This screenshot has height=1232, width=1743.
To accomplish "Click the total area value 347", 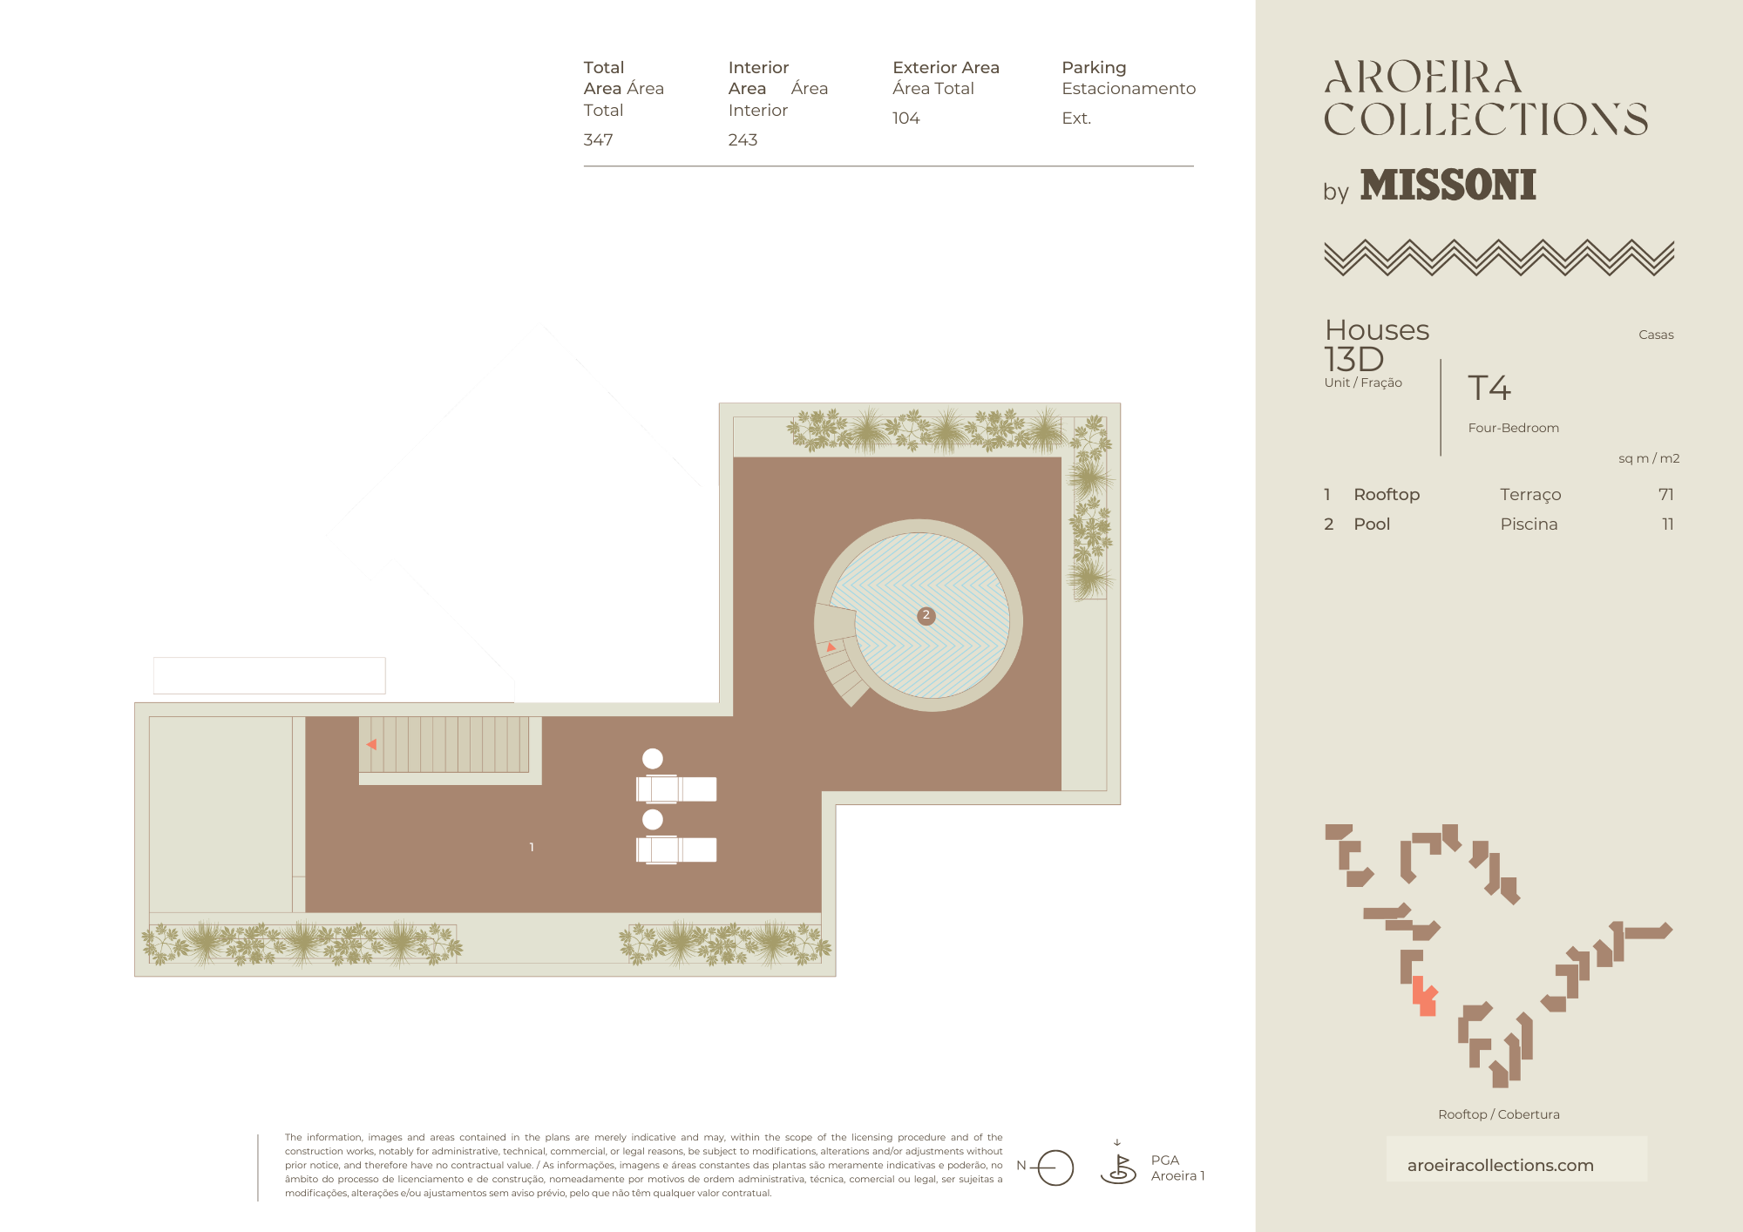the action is [x=598, y=139].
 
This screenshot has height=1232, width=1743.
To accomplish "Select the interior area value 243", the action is [x=743, y=139].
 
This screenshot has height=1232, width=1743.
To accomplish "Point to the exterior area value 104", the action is [x=905, y=118].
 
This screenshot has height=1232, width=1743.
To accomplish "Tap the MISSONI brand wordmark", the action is [x=1448, y=185].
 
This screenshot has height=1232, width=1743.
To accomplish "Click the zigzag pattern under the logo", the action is [x=1499, y=258].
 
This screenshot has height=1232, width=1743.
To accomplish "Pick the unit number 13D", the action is [x=1353, y=359].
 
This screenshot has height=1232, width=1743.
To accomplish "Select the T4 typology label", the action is [x=1489, y=388].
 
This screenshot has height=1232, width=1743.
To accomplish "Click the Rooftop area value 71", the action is [x=1665, y=494].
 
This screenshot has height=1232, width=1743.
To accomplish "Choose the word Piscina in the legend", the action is [x=1529, y=524].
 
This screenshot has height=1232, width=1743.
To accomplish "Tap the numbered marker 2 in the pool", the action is [x=926, y=615].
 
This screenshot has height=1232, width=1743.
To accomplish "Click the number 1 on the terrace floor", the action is [x=532, y=847].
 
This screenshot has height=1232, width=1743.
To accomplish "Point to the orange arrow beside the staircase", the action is [x=372, y=744].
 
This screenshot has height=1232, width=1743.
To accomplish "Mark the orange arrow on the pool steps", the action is [x=831, y=647].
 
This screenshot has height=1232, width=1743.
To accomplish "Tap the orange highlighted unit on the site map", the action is [x=1424, y=998].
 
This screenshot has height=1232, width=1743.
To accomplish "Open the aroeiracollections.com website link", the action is [x=1500, y=1165].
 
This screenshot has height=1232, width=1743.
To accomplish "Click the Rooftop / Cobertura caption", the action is [x=1499, y=1114].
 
